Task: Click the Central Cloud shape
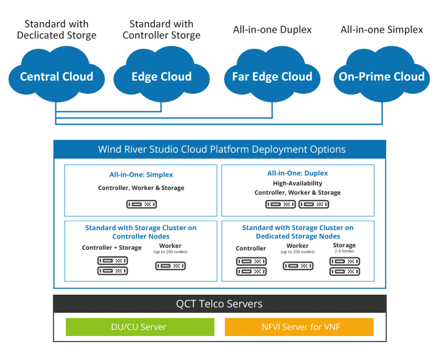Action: click(x=56, y=77)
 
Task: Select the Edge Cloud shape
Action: click(x=162, y=77)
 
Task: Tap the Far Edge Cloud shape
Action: click(x=272, y=77)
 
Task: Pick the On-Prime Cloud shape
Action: click(x=382, y=77)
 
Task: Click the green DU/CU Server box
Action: click(x=140, y=327)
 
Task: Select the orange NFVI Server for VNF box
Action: click(x=299, y=327)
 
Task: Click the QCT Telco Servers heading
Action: click(x=219, y=304)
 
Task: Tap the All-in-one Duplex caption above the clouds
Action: click(x=272, y=30)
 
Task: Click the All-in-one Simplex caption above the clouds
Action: click(x=382, y=30)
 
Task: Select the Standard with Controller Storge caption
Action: click(x=162, y=30)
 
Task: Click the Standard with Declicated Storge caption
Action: click(x=56, y=30)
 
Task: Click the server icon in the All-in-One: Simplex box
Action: click(x=141, y=204)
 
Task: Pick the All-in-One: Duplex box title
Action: click(x=297, y=173)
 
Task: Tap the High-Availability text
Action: click(x=297, y=183)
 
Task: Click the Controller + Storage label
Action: click(x=112, y=248)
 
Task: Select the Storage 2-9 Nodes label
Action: click(x=344, y=248)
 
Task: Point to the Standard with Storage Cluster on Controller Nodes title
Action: click(x=141, y=232)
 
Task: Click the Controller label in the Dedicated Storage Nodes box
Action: click(x=251, y=248)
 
